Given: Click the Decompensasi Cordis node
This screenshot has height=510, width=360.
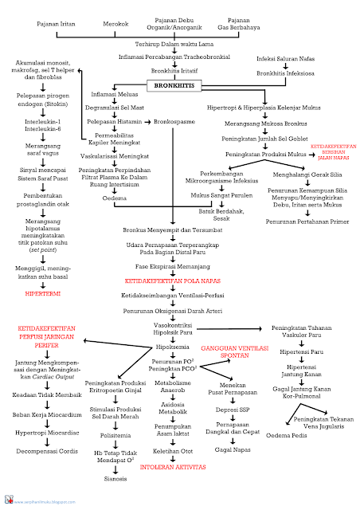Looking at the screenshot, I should click(x=47, y=450).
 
